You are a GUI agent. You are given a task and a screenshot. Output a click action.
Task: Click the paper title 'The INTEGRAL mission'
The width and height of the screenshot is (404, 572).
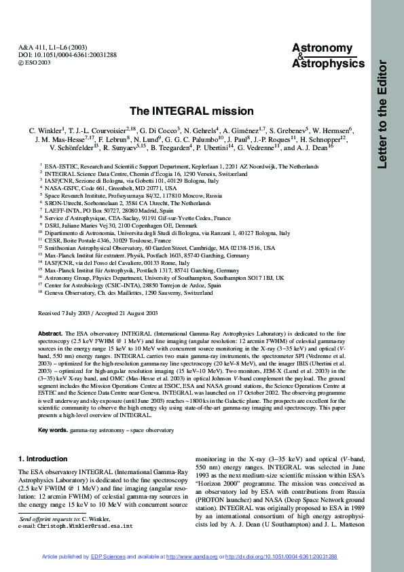pos(191,111)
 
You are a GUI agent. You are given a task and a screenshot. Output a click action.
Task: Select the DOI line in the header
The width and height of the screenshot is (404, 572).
pos(59,54)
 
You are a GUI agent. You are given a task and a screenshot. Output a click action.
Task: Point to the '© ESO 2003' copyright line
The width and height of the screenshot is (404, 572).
pos(34,62)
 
